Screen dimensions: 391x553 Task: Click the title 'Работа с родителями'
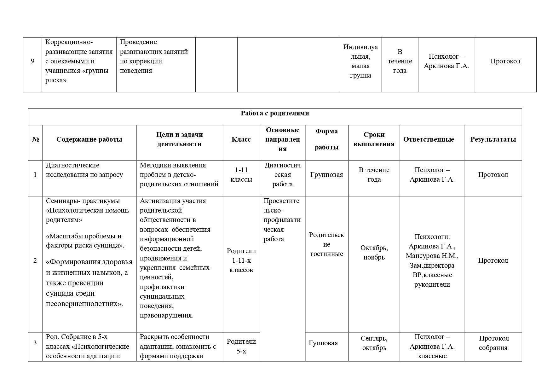pyautogui.click(x=275, y=113)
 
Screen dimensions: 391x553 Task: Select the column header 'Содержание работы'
pyautogui.click(x=89, y=139)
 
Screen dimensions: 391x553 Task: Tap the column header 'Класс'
pyautogui.click(x=241, y=139)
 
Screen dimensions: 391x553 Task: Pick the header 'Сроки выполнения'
pyautogui.click(x=374, y=139)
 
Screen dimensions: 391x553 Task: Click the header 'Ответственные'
pyautogui.click(x=429, y=139)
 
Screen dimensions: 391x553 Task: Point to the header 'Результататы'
pyautogui.click(x=493, y=139)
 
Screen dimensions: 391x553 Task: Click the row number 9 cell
pyautogui.click(x=32, y=61)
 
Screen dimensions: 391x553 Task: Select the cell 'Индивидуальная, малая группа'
pyautogui.click(x=360, y=61)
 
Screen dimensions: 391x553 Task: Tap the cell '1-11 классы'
pyautogui.click(x=241, y=175)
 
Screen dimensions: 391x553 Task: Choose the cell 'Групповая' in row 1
pyautogui.click(x=326, y=175)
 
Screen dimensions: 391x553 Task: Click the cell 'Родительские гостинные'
pyautogui.click(x=326, y=244)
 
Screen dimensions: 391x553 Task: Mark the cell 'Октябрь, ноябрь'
pyautogui.click(x=374, y=253)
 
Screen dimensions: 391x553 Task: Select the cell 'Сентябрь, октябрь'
pyautogui.click(x=374, y=343)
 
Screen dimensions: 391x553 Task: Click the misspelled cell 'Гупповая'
pyautogui.click(x=323, y=343)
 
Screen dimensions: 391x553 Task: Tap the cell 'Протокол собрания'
pyautogui.click(x=494, y=343)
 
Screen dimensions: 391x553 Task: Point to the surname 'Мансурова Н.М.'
pyautogui.click(x=432, y=256)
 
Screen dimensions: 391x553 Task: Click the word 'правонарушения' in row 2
pyautogui.click(x=166, y=315)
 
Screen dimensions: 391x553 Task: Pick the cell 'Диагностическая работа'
pyautogui.click(x=282, y=175)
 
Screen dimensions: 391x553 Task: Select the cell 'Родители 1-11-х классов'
pyautogui.click(x=241, y=260)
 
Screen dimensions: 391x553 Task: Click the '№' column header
pyautogui.click(x=35, y=139)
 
